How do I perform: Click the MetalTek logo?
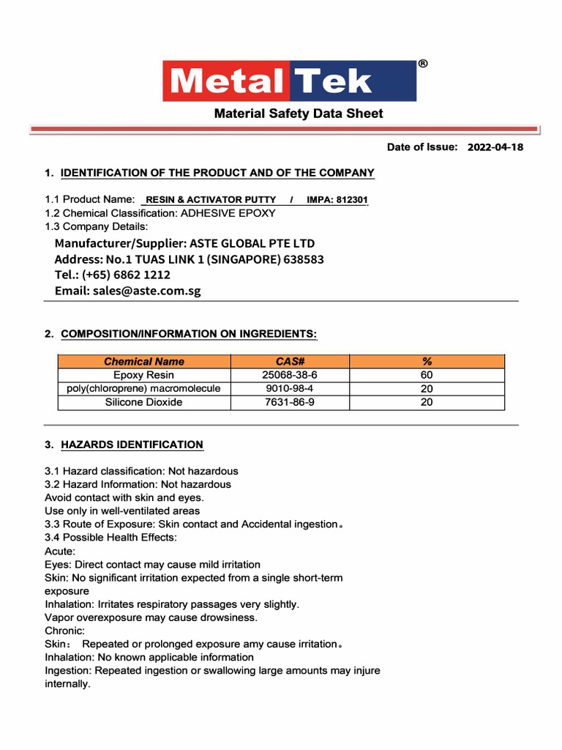tap(289, 81)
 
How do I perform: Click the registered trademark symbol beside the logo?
tap(423, 64)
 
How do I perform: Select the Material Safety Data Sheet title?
tap(298, 114)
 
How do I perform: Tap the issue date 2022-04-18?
tap(495, 147)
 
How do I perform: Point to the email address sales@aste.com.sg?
tap(146, 291)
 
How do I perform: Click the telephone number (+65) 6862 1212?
tap(131, 275)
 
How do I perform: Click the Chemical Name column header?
tap(144, 361)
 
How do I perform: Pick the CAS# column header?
tap(290, 361)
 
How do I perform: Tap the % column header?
tap(427, 361)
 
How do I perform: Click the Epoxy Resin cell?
tap(144, 375)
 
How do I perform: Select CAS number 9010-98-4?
tap(290, 388)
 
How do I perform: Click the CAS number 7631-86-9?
tap(290, 402)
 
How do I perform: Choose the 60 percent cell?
tap(427, 375)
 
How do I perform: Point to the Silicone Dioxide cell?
tap(144, 402)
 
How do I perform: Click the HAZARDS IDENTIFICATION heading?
tap(132, 445)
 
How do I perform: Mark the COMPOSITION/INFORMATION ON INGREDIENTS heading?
tap(189, 334)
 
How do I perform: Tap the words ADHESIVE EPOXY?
tap(228, 213)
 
